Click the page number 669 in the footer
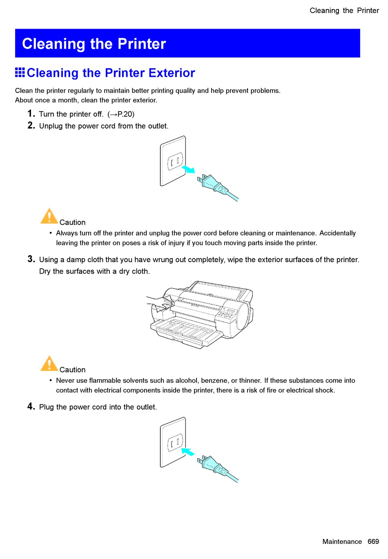[373, 541]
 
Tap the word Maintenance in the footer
[342, 541]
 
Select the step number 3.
[31, 259]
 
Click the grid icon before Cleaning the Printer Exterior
[20, 72]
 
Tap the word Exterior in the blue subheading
[172, 73]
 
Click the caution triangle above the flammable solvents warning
[49, 363]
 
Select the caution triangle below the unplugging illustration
[49, 216]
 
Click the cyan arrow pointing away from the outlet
[188, 169]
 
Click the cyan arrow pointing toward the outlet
[188, 451]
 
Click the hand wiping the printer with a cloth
[160, 303]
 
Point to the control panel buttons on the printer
[226, 314]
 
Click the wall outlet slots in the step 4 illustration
[175, 443]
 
